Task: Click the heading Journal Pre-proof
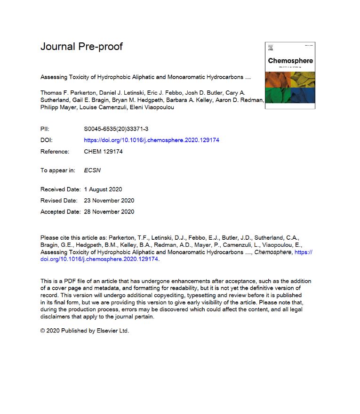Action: click(x=81, y=47)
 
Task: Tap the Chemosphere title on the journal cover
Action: click(x=290, y=61)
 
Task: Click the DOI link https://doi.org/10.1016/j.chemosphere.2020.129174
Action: click(x=152, y=140)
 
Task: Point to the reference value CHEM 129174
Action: click(x=103, y=152)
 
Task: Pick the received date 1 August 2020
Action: click(x=103, y=189)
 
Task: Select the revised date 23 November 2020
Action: click(x=109, y=201)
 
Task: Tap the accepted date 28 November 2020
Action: click(x=109, y=212)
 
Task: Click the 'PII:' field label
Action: click(x=46, y=129)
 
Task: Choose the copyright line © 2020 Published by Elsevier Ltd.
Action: click(x=85, y=331)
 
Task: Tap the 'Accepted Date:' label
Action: click(x=61, y=212)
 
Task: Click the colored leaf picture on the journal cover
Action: click(x=290, y=87)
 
